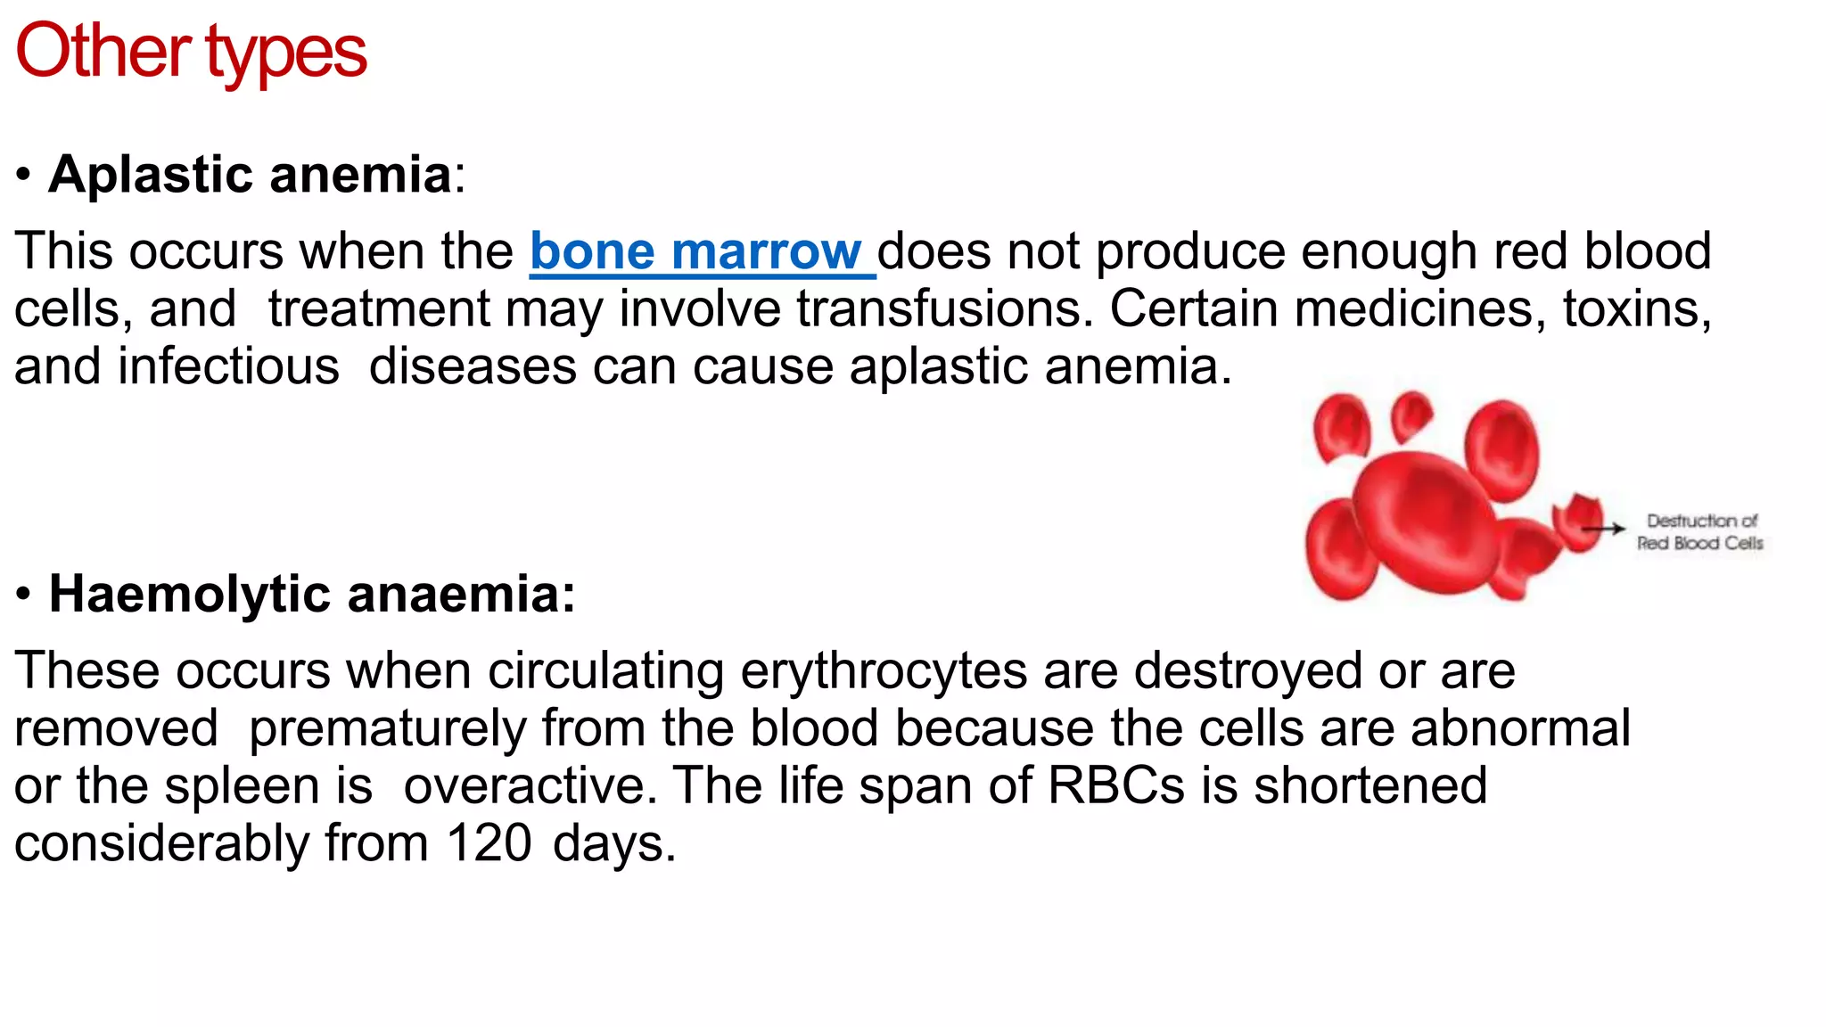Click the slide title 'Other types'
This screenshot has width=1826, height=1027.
click(x=191, y=52)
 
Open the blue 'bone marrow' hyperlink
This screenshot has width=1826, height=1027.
click(x=695, y=251)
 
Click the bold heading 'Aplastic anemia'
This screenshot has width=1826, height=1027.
click(x=250, y=174)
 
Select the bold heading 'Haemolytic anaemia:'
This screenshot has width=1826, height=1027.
click(x=312, y=594)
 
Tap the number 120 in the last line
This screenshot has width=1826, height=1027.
click(x=489, y=843)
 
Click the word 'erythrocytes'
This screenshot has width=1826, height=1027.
click(x=884, y=670)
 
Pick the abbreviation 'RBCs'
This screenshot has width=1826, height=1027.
click(x=1115, y=786)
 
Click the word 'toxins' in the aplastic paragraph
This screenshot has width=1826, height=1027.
click(x=1636, y=309)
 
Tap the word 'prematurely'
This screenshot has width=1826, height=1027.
click(x=387, y=728)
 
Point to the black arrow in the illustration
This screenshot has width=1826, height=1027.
click(x=1604, y=529)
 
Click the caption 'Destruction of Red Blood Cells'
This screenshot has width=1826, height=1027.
click(x=1700, y=532)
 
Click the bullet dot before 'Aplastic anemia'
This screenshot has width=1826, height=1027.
click(x=24, y=175)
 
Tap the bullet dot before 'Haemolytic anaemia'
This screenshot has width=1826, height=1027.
click(x=24, y=595)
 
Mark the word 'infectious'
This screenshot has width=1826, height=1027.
click(x=228, y=366)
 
